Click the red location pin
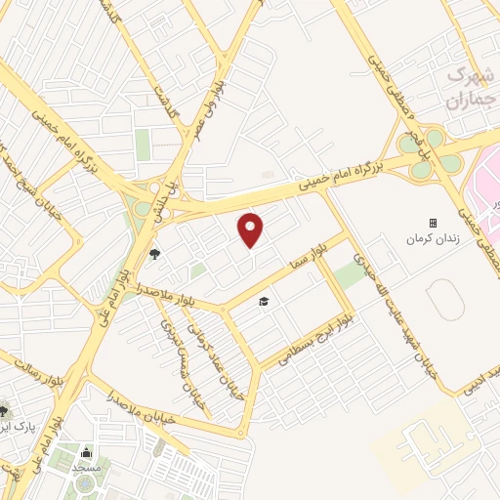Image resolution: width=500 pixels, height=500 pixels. (251, 229)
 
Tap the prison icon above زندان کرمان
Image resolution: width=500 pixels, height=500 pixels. (433, 224)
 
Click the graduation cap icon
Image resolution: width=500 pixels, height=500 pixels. (263, 302)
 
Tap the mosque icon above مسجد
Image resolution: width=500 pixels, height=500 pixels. (86, 452)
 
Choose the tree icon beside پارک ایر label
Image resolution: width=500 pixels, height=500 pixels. (4, 411)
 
